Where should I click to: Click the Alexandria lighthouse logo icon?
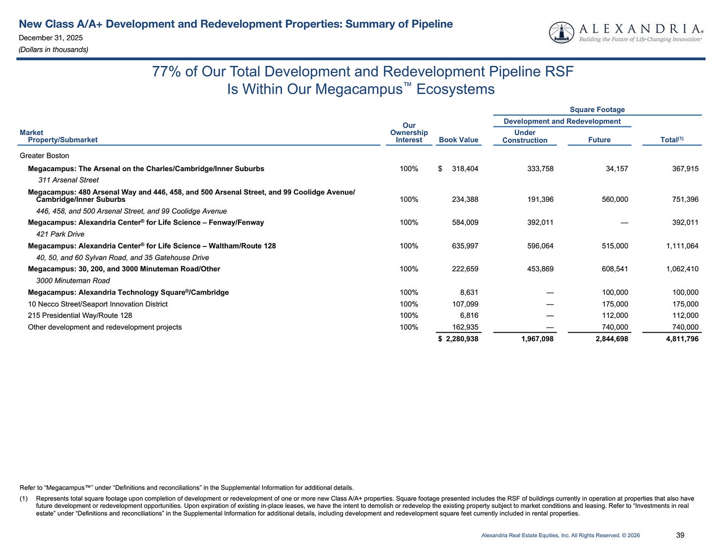point(561,32)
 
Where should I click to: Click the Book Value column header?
point(458,140)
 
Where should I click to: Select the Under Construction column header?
point(525,136)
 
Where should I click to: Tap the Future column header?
point(599,140)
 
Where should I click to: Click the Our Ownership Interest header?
point(409,133)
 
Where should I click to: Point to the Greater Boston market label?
point(45,156)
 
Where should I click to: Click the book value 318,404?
point(465,169)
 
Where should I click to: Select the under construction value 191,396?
point(540,199)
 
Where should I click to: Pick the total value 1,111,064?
point(682,246)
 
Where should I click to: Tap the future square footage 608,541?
point(614,269)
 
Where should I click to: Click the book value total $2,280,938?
point(459,339)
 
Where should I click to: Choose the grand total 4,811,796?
point(682,339)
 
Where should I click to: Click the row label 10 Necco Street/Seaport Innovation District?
point(98,304)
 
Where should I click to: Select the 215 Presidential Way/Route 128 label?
point(80,315)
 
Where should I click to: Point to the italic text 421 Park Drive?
point(60,234)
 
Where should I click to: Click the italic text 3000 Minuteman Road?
point(73,281)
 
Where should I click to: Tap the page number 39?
point(680,535)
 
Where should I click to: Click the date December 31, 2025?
point(51,38)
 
